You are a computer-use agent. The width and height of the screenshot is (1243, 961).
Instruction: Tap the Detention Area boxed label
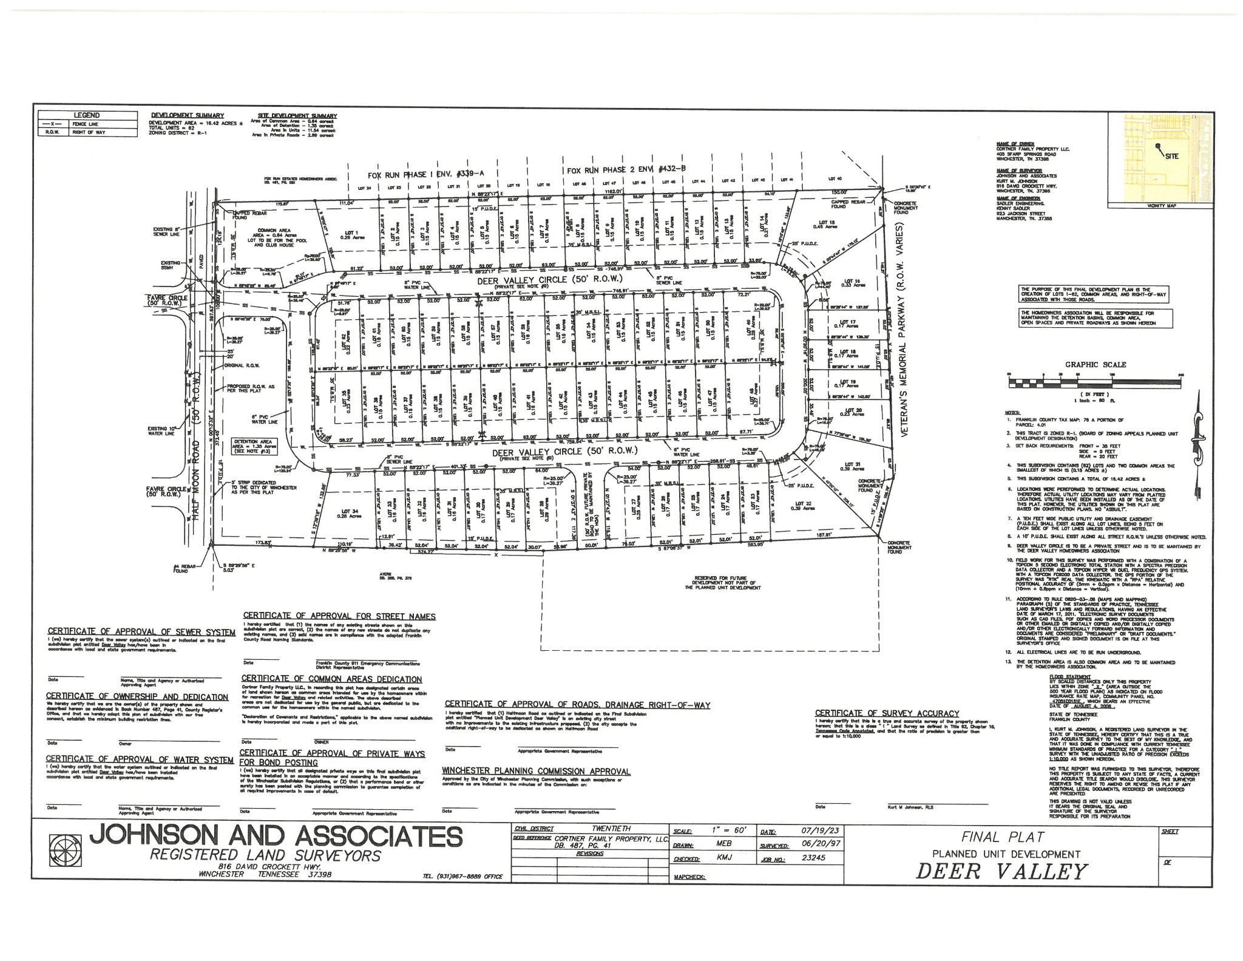point(255,446)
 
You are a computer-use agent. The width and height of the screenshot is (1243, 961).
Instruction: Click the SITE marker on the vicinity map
point(1171,156)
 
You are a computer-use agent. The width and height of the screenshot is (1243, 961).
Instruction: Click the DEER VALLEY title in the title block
point(1000,872)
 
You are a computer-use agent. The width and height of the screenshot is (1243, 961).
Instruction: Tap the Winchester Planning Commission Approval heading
point(536,772)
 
